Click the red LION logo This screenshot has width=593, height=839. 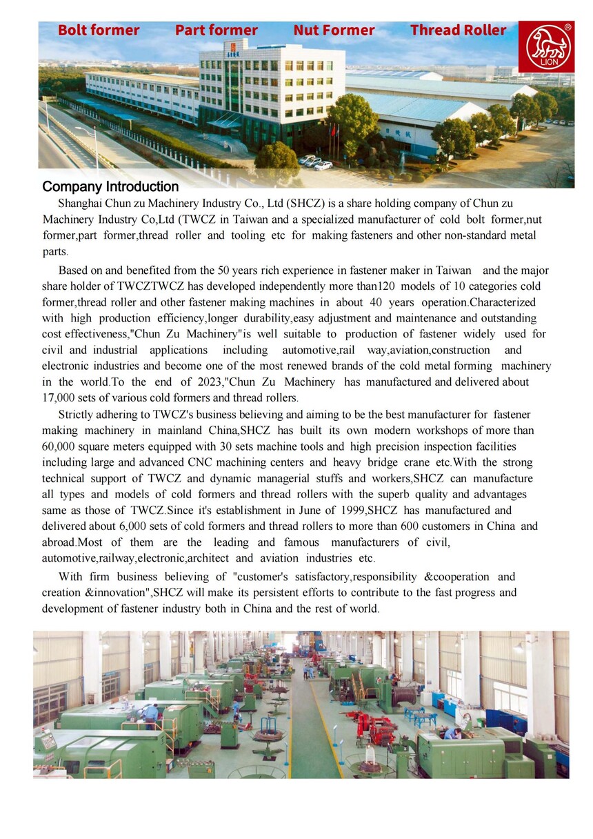pyautogui.click(x=546, y=46)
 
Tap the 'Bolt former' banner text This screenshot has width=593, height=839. pyautogui.click(x=99, y=30)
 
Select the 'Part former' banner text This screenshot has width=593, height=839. pyautogui.click(x=216, y=30)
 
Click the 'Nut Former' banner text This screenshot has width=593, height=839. pyautogui.click(x=334, y=30)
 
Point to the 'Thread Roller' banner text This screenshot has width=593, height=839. pyautogui.click(x=458, y=30)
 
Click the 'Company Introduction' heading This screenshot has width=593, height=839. pyautogui.click(x=110, y=187)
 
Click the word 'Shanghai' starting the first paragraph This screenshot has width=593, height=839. pyautogui.click(x=80, y=204)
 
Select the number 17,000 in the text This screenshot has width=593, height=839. pyautogui.click(x=61, y=398)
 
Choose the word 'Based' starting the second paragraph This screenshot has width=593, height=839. pyautogui.click(x=73, y=270)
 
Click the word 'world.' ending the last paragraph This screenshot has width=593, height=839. pyautogui.click(x=363, y=609)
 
